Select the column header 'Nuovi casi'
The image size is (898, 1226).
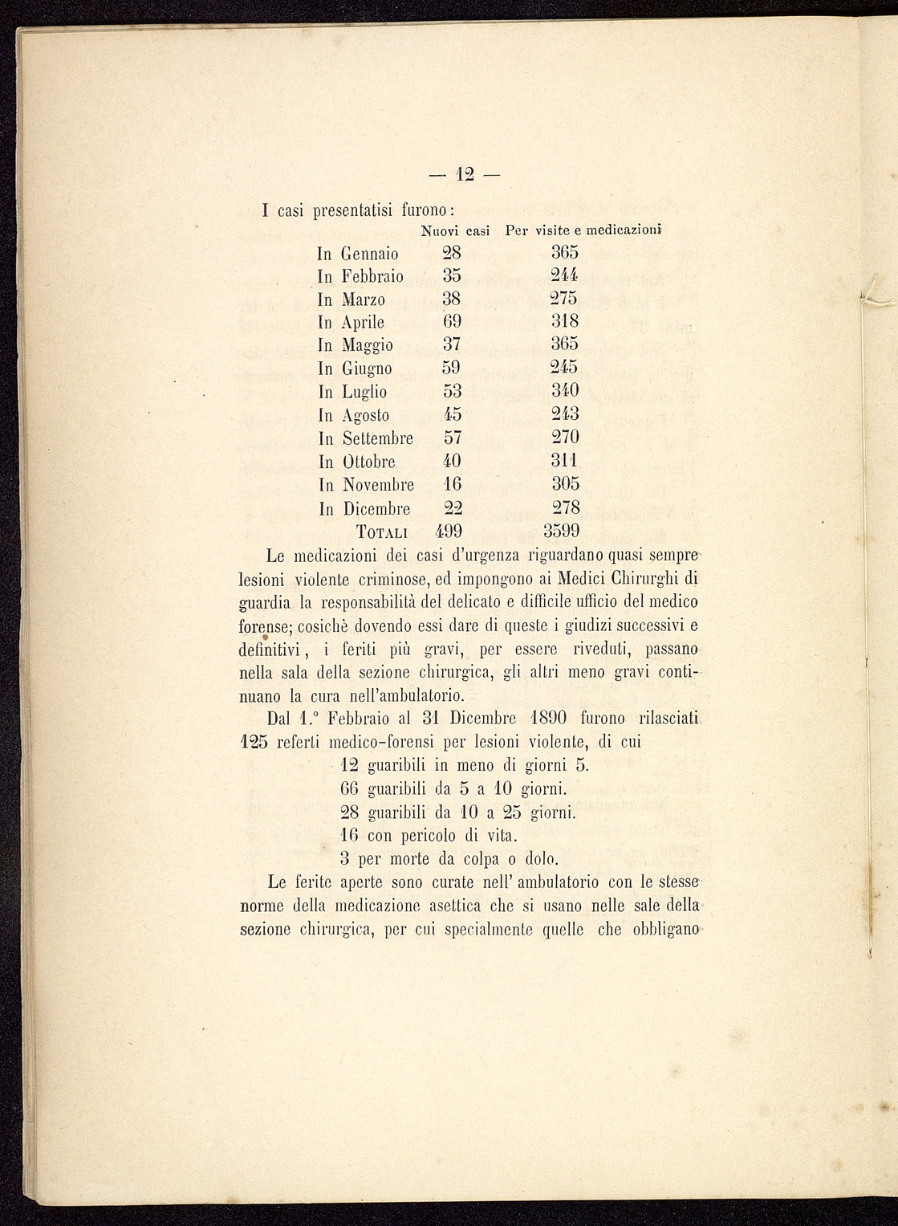455,231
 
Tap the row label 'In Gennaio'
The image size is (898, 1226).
358,254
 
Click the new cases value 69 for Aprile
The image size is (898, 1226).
453,322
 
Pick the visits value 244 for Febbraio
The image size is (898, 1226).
566,276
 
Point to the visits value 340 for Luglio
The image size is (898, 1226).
566,391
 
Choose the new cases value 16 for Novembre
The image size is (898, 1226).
453,484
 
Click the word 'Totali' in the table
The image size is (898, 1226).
382,532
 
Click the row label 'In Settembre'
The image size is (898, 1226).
366,438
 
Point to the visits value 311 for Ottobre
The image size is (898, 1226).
566,461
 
